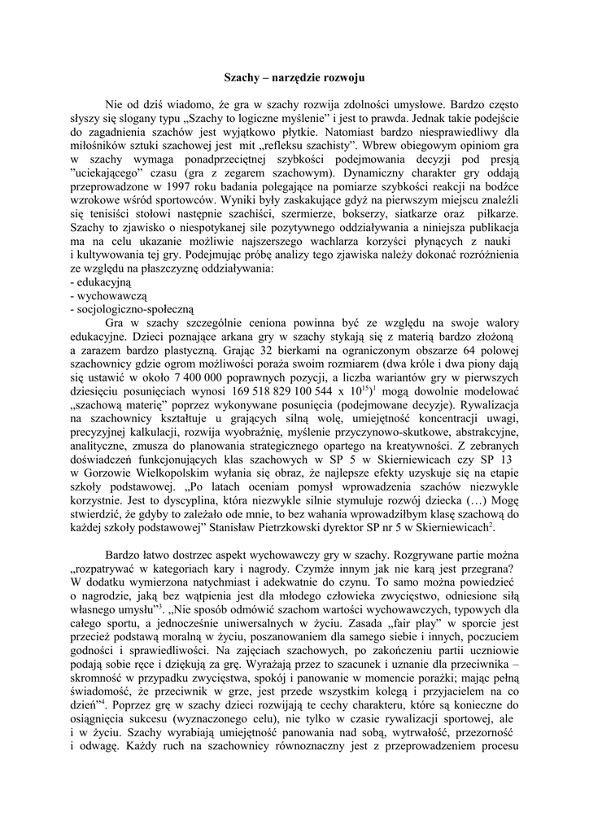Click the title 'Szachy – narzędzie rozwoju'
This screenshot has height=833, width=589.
[294, 77]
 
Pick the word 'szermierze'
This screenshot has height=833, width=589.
[308, 215]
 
